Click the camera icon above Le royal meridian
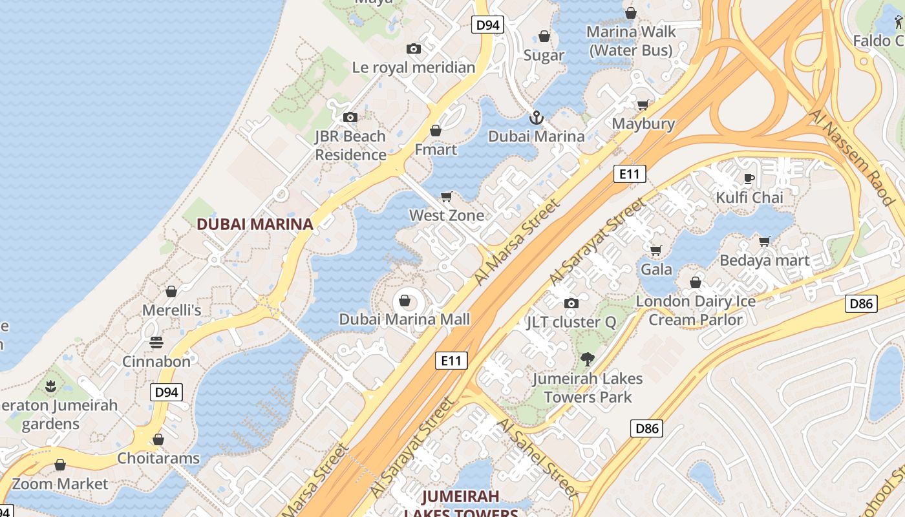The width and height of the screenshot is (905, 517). point(414,48)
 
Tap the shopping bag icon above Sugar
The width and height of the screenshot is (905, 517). point(544,36)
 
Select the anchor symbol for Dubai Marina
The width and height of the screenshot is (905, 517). point(536,118)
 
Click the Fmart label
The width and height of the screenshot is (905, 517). point(435,149)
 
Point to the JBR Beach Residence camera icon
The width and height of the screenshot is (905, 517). point(350,117)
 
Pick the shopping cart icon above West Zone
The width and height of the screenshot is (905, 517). point(447,196)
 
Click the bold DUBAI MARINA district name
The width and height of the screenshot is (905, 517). point(255,224)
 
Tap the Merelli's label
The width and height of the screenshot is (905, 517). point(171,310)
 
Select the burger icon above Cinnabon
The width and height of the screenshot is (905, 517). point(156,342)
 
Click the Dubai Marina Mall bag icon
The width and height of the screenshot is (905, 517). point(405,301)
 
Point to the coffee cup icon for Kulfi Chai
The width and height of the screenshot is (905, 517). point(749,178)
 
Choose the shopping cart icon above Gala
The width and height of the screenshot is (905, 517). point(656,250)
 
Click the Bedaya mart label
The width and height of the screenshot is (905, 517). point(764,260)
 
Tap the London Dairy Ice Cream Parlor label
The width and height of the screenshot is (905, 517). point(696,310)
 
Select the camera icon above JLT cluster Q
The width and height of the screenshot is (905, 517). point(571,303)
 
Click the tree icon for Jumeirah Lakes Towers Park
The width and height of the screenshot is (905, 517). point(588,359)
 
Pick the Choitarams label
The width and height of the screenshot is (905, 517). point(158,458)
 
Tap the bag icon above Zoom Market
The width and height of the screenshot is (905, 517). point(60,465)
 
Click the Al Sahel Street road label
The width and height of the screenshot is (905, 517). point(537,456)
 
